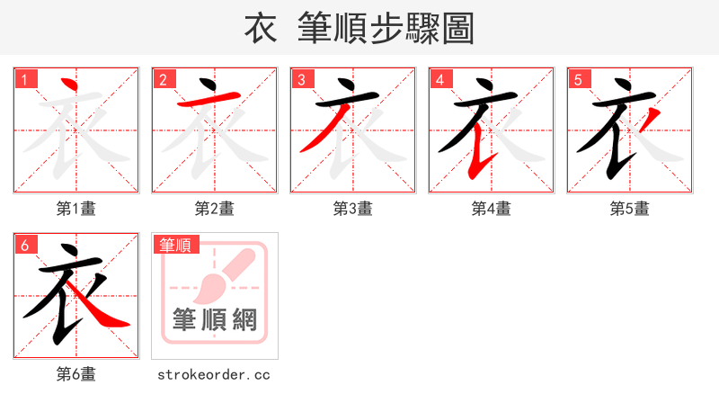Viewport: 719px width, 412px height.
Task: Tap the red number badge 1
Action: tap(25, 79)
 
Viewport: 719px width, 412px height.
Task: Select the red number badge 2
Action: tap(164, 79)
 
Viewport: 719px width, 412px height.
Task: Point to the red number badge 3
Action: tap(302, 79)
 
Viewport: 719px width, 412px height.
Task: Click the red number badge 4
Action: tap(440, 79)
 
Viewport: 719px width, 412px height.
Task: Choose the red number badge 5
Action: tap(579, 79)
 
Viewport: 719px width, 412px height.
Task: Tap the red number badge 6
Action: tap(25, 245)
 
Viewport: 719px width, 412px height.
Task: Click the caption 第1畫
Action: tap(76, 209)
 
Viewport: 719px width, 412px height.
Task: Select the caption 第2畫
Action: tap(215, 209)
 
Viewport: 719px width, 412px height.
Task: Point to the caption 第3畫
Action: tap(353, 209)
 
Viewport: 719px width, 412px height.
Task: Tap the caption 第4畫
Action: tap(492, 209)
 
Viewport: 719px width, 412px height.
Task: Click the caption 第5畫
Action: tap(630, 209)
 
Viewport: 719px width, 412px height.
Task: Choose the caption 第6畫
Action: tap(76, 374)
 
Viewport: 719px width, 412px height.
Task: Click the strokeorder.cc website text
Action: tap(215, 374)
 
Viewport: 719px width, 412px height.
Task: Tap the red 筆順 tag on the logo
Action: tap(176, 245)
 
